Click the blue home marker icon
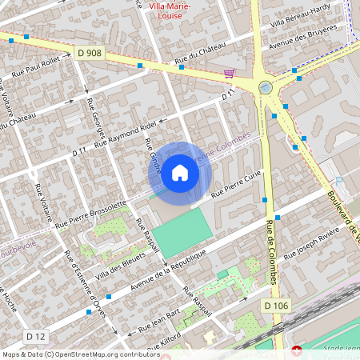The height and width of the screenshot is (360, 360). (180, 172)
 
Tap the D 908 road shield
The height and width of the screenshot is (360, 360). (90, 53)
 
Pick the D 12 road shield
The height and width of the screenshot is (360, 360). (35, 335)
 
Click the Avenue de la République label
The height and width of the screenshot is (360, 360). (168, 268)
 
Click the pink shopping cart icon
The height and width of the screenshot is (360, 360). (229, 74)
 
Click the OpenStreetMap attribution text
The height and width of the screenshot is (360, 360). (81, 354)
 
